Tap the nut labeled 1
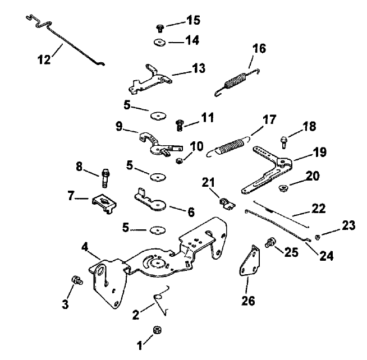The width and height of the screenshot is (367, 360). click(157, 330)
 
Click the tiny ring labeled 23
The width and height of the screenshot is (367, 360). click(318, 237)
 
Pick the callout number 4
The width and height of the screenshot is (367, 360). click(84, 247)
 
